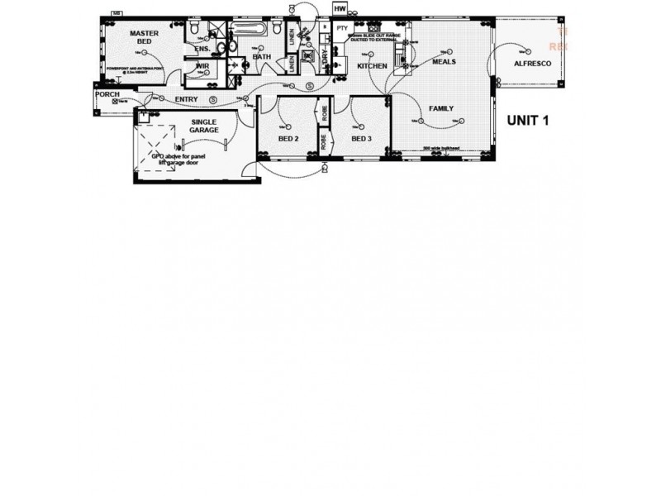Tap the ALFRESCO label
pyautogui.click(x=531, y=63)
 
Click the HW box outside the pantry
pyautogui.click(x=340, y=9)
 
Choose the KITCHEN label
pyautogui.click(x=372, y=65)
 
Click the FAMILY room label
pyautogui.click(x=441, y=108)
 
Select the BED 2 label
pyautogui.click(x=288, y=139)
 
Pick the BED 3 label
pyautogui.click(x=361, y=139)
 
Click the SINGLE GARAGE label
pyautogui.click(x=204, y=126)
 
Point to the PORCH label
pyautogui.click(x=107, y=94)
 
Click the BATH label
pyautogui.click(x=262, y=56)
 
